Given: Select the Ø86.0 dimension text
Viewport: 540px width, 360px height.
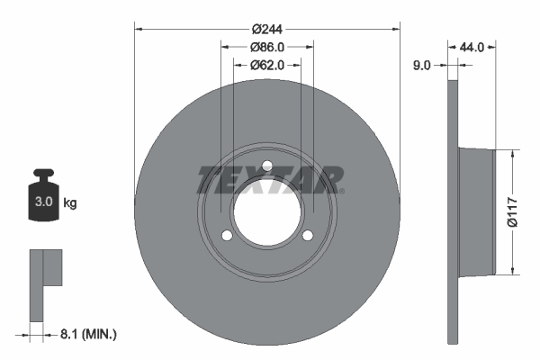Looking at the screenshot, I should [x=267, y=47].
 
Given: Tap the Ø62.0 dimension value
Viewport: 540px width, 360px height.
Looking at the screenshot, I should [x=267, y=65].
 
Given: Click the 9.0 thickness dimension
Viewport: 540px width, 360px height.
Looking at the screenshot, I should [x=421, y=65].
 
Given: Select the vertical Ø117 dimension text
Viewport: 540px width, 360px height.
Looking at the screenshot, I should [x=512, y=211].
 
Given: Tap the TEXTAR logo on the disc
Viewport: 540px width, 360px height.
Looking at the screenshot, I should [x=269, y=179].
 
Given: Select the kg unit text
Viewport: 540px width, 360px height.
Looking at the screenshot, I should [x=70, y=203].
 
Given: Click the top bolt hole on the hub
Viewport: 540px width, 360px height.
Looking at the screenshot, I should [x=267, y=165].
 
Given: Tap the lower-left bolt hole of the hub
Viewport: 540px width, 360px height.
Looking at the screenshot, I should [x=227, y=236].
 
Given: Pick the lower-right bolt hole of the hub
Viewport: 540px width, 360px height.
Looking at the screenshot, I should [x=308, y=236].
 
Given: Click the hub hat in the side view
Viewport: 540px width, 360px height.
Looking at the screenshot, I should [x=477, y=211].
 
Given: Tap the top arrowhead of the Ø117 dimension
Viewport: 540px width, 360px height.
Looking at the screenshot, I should [x=512, y=154].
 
